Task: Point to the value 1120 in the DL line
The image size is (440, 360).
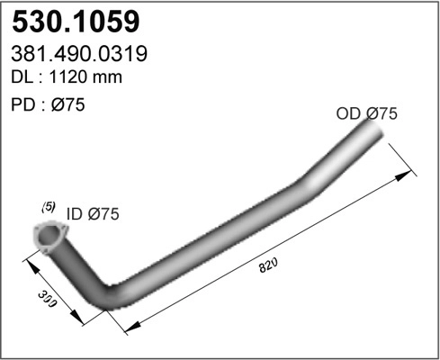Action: pyautogui.click(x=75, y=77)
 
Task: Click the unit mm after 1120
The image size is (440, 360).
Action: pyautogui.click(x=108, y=77)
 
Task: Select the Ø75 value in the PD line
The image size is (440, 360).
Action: pyautogui.click(x=67, y=104)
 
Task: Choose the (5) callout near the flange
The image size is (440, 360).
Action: pyautogui.click(x=49, y=207)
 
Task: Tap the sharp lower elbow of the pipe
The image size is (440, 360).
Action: pyautogui.click(x=111, y=297)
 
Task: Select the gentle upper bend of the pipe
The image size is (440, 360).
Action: pyautogui.click(x=310, y=177)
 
